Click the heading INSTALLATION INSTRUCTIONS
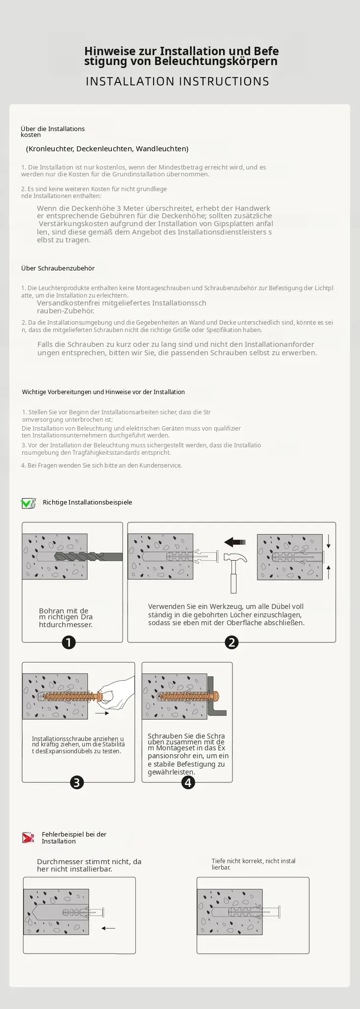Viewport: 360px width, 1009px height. tap(178, 81)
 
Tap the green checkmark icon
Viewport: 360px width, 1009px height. tap(28, 503)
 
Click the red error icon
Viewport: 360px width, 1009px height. tap(28, 838)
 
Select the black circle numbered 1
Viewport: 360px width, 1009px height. tap(68, 642)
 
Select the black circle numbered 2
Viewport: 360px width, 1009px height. tap(231, 642)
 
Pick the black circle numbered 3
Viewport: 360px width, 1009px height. tap(77, 782)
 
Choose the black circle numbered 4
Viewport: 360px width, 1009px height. tap(188, 782)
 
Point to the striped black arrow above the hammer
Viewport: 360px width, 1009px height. tap(235, 542)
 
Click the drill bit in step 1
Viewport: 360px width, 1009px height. tap(89, 556)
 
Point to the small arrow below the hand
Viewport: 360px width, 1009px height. tap(102, 713)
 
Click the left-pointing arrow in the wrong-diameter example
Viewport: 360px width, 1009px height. tap(108, 928)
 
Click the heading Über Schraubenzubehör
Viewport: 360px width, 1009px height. tap(58, 269)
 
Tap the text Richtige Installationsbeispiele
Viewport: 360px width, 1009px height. tap(88, 503)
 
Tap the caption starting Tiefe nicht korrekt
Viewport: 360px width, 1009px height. tap(254, 864)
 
